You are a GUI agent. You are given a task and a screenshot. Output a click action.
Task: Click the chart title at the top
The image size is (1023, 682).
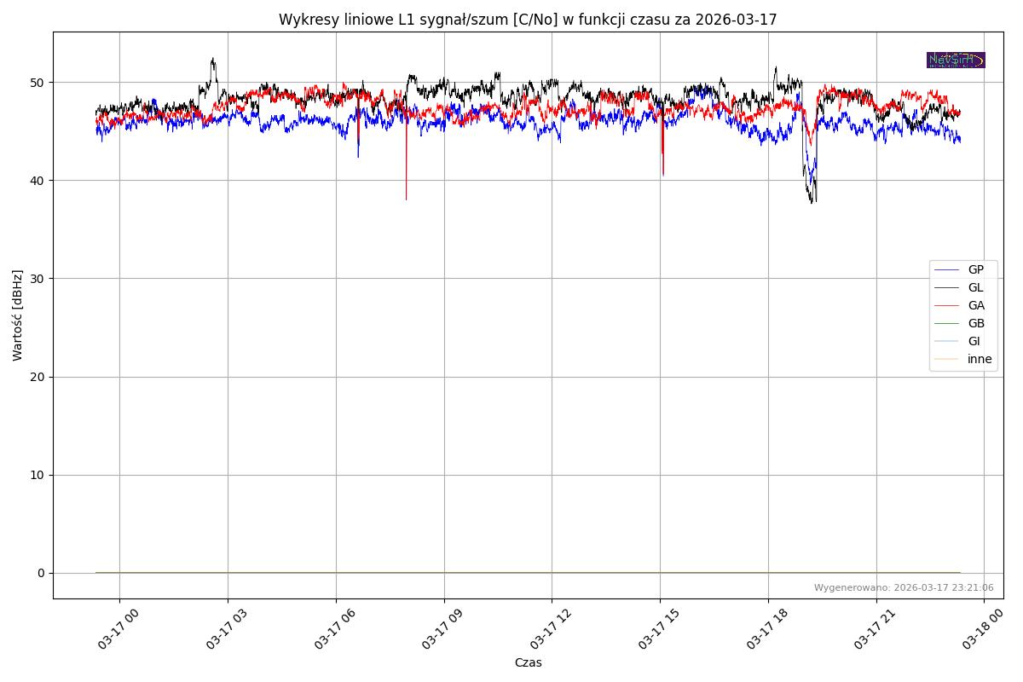coord(528,20)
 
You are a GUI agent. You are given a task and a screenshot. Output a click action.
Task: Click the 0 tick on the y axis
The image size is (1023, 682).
coord(41,573)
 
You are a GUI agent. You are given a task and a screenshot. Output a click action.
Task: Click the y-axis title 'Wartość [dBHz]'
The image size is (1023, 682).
coord(18,315)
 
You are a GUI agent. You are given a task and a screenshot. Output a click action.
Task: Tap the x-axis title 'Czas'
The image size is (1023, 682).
coord(528,662)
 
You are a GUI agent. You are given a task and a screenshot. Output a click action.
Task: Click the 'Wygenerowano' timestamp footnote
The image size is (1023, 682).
coord(904,587)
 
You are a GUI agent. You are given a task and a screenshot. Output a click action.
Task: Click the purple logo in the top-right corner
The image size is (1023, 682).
coord(956,60)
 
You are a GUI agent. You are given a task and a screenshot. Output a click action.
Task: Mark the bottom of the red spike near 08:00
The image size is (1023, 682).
coord(406,199)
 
